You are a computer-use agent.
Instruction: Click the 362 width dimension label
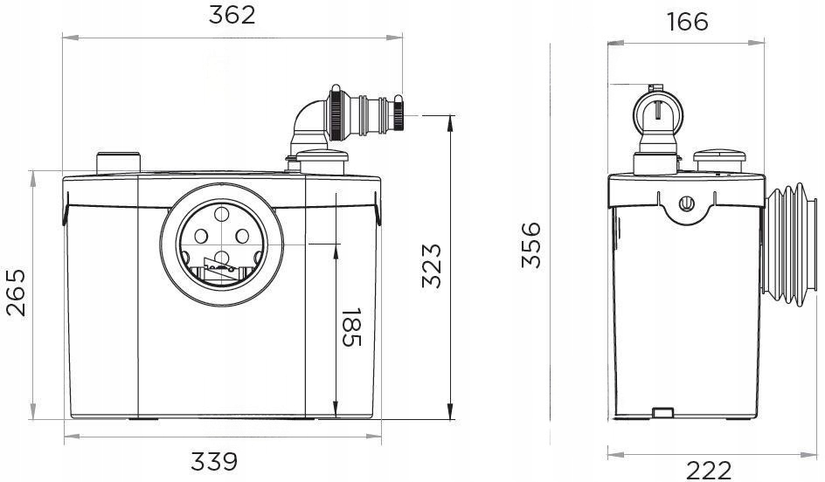coord(232,17)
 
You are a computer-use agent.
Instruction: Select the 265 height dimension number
coord(16,294)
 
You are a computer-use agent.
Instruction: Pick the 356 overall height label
coord(531,246)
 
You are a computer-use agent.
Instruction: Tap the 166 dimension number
coord(687,21)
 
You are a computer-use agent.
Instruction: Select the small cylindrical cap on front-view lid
coord(117,162)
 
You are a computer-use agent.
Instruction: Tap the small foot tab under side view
coord(663,410)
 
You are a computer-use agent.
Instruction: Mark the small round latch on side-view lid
coord(687,205)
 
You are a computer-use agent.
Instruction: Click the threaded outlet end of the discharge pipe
coord(398,114)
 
